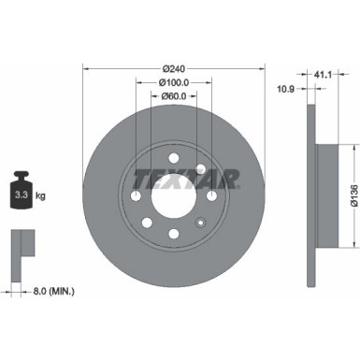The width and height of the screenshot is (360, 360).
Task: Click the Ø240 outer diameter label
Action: tap(175, 67)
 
